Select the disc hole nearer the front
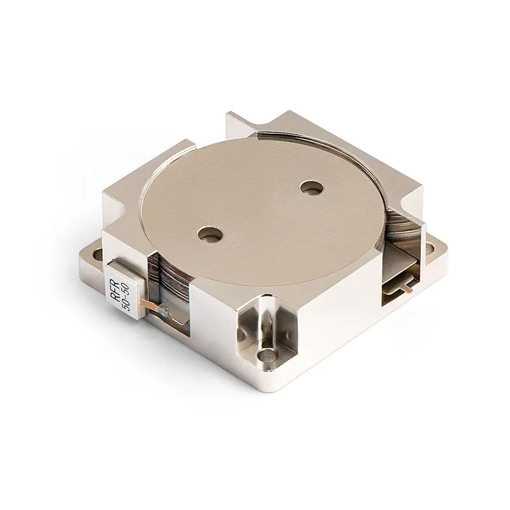pyautogui.click(x=208, y=235)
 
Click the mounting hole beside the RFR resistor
pyautogui.click(x=97, y=255)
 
